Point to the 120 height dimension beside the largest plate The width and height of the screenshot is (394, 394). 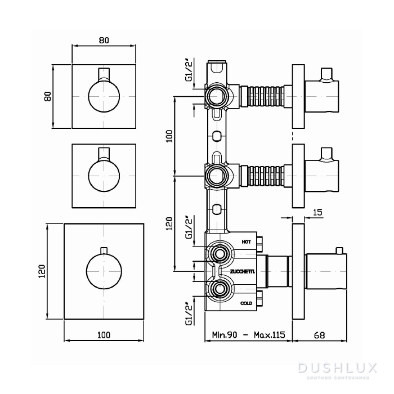pos(40,273)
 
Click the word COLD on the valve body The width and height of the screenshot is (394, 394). pos(246,303)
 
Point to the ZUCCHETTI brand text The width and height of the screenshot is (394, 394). pos(243,271)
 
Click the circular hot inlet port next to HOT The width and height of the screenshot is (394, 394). pos(218,254)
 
